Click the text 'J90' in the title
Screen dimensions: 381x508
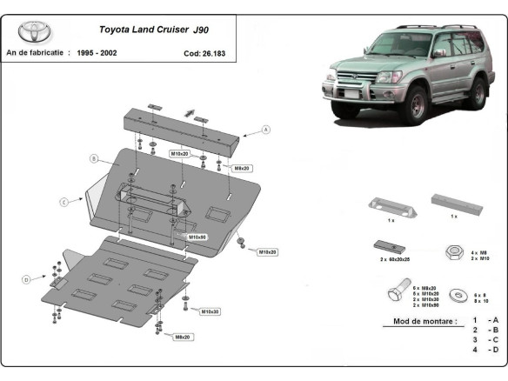click(223, 28)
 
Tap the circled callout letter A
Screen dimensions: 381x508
click(266, 130)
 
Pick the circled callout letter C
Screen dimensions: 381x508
click(63, 202)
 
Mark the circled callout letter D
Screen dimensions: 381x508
click(26, 279)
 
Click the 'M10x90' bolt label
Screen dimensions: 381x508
click(197, 236)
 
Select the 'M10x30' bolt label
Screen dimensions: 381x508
click(210, 311)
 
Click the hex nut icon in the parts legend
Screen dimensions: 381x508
click(453, 251)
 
